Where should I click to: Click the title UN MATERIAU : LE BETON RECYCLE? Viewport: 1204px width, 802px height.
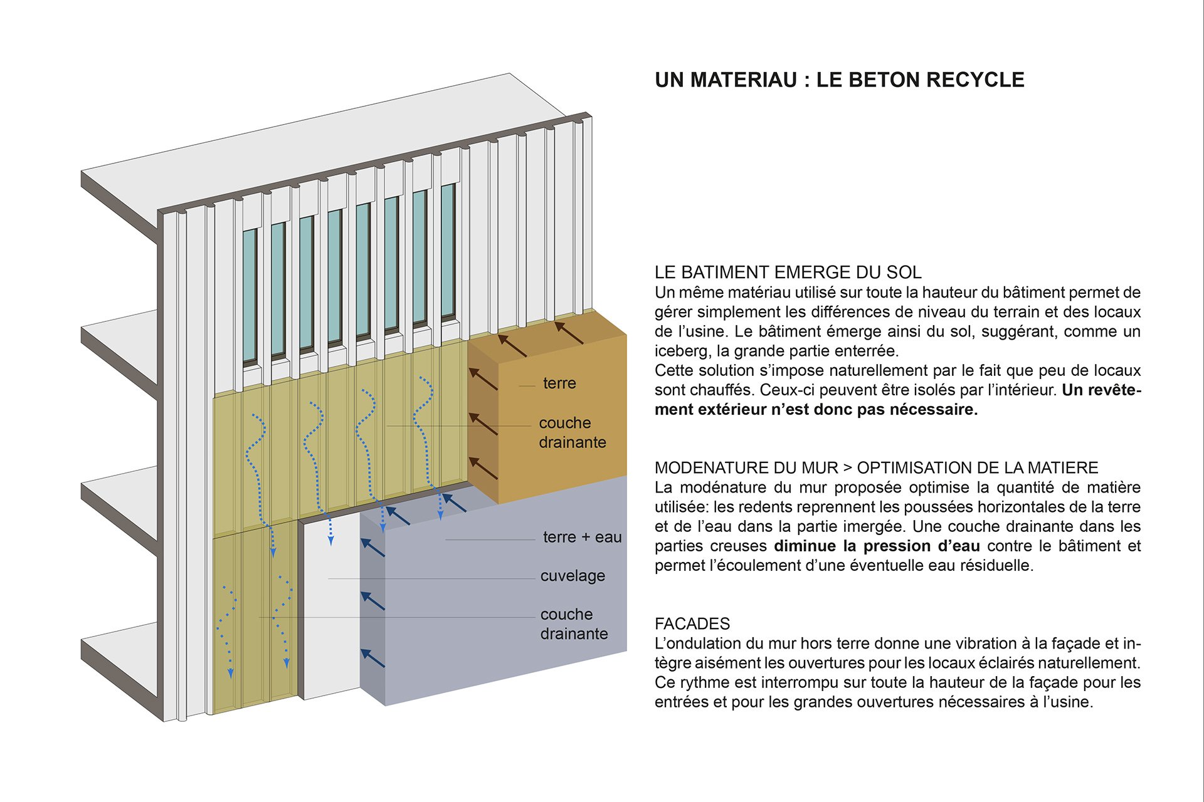pos(839,80)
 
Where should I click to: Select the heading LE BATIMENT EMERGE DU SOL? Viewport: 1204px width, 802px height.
pos(788,273)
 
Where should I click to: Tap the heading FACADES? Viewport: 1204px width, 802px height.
pos(692,624)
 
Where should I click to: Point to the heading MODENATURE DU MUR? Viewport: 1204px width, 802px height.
pos(746,468)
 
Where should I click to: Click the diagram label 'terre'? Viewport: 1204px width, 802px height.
pos(559,383)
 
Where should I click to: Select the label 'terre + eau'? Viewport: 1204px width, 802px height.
pos(582,538)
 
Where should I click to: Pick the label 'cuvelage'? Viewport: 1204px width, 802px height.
pos(573,576)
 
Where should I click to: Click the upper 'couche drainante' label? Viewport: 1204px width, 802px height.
pos(572,432)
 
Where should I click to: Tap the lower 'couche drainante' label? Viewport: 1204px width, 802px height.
pos(574,624)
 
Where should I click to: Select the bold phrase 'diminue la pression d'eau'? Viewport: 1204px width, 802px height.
pos(877,546)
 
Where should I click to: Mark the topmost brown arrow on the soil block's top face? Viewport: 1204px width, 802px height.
pos(568,332)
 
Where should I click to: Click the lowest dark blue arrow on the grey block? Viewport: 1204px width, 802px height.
pos(372,658)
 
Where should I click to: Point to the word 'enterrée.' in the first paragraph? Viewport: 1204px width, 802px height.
pos(867,351)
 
